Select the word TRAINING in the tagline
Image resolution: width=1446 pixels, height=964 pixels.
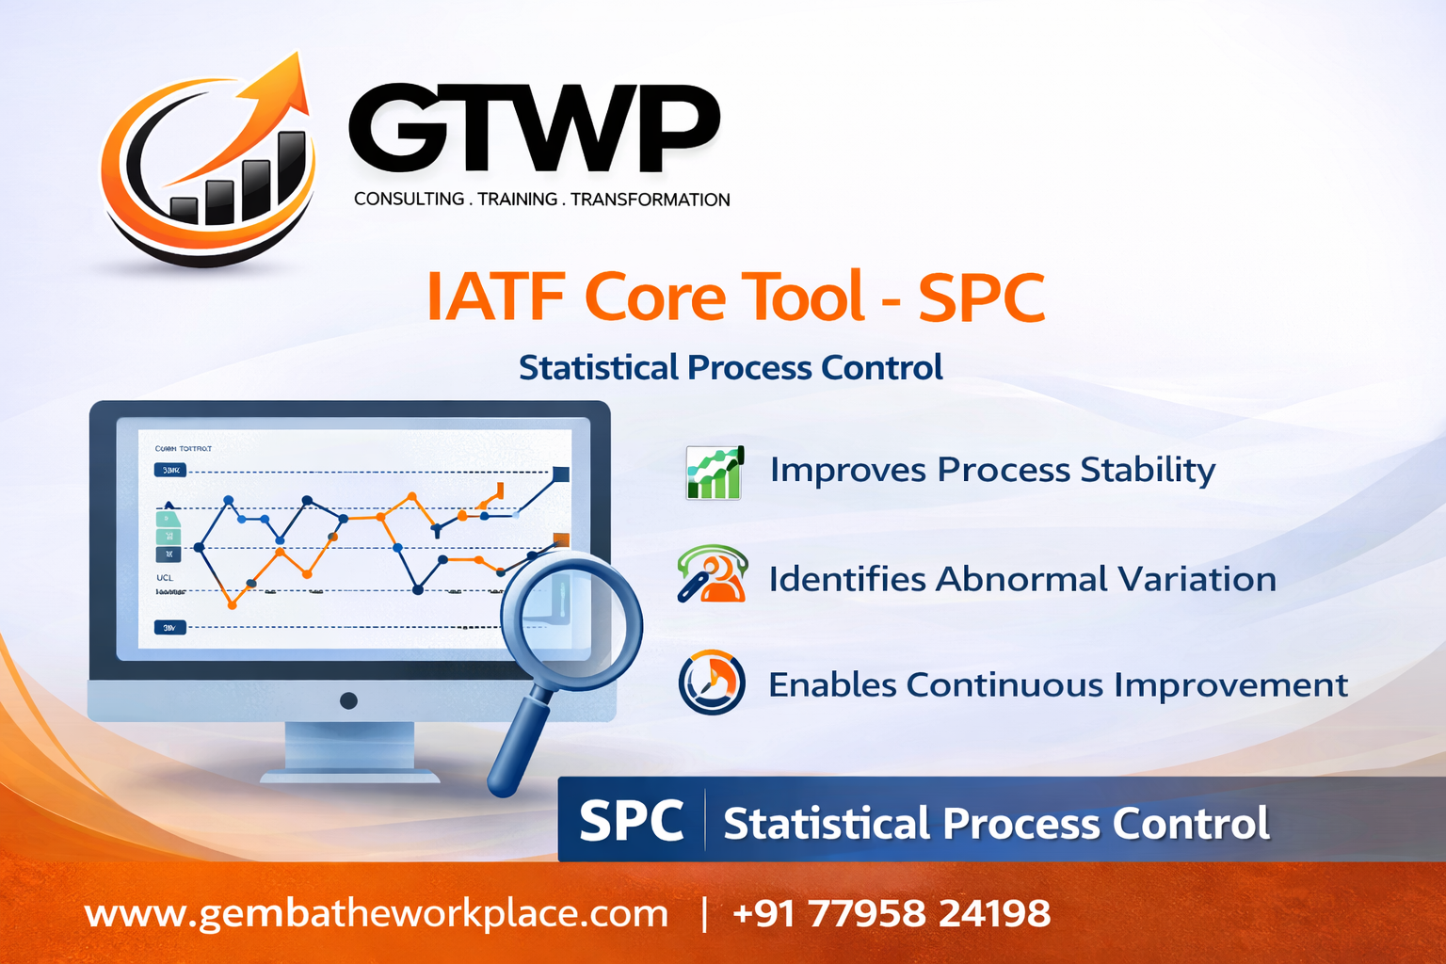click(x=517, y=200)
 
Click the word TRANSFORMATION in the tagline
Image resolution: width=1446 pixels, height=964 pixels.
click(x=650, y=200)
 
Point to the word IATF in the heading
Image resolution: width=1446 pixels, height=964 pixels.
click(x=494, y=297)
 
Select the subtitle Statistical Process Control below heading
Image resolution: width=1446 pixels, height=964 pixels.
click(x=731, y=368)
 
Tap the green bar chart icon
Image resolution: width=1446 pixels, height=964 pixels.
click(x=715, y=472)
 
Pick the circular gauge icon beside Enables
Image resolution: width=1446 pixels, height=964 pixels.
click(x=712, y=683)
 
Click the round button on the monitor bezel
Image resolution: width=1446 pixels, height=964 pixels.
click(x=348, y=700)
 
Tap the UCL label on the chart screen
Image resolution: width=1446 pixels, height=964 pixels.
click(x=165, y=577)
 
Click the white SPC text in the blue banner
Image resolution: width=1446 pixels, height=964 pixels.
click(x=631, y=821)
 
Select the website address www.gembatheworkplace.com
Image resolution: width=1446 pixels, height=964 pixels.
click(x=377, y=913)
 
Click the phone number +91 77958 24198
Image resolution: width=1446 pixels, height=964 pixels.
click(x=891, y=913)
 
